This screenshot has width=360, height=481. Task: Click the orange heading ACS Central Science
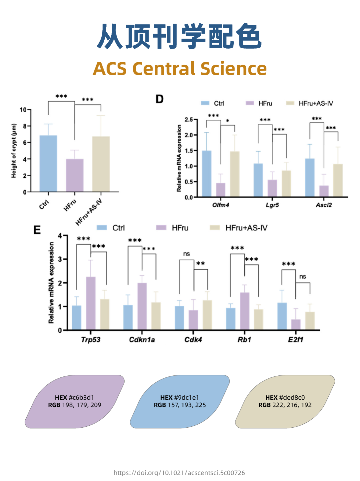click(x=180, y=69)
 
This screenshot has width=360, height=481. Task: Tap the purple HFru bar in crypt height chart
click(x=75, y=175)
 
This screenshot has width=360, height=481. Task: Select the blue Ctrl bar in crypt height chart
click(x=48, y=164)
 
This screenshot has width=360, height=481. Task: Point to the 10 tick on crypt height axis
click(x=23, y=110)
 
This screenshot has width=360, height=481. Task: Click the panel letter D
click(x=160, y=99)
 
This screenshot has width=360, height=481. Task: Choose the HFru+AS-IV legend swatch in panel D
click(x=290, y=103)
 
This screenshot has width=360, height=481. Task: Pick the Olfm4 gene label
click(x=220, y=205)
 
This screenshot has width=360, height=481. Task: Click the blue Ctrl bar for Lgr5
click(x=258, y=180)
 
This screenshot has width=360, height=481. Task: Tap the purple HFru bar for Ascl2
click(x=324, y=191)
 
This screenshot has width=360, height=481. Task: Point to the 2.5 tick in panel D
click(x=188, y=120)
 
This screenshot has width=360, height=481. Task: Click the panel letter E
click(x=37, y=230)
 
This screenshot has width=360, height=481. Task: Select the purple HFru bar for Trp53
click(x=91, y=303)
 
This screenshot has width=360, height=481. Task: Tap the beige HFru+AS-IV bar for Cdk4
click(x=207, y=315)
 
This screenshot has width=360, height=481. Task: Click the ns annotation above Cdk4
click(x=186, y=254)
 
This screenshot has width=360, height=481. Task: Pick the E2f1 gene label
click(x=295, y=340)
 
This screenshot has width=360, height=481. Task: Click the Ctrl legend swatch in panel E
click(x=102, y=228)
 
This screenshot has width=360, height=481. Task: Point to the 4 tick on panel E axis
click(x=60, y=236)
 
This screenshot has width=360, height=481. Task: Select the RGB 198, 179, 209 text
click(x=75, y=405)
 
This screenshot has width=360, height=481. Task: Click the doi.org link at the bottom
click(x=179, y=473)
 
